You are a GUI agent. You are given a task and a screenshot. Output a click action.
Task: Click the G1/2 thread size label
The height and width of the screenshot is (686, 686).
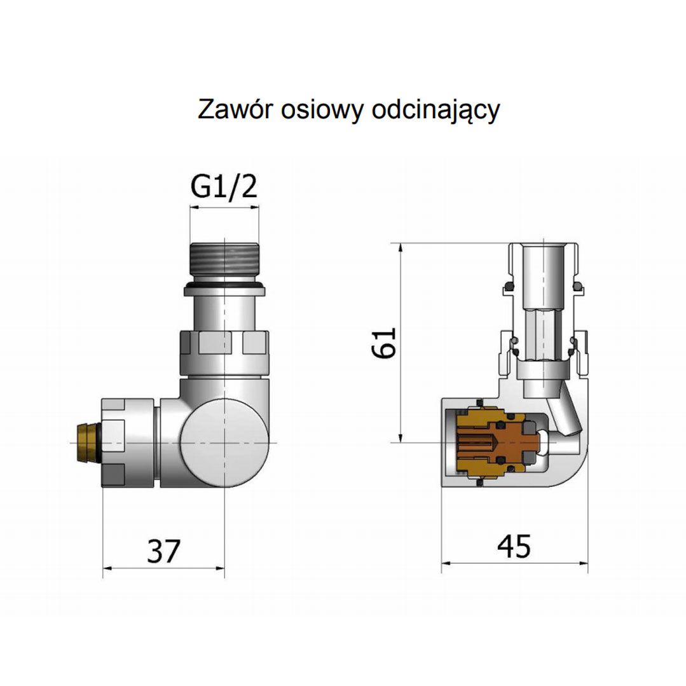[224, 188]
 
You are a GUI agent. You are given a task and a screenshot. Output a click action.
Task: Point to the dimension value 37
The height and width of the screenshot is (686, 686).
[164, 551]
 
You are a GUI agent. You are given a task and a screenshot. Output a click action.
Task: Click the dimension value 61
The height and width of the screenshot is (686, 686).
[385, 343]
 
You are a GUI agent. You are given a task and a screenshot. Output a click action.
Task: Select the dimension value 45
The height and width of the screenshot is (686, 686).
[514, 547]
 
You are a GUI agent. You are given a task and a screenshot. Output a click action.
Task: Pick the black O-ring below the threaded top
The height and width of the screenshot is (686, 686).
[224, 291]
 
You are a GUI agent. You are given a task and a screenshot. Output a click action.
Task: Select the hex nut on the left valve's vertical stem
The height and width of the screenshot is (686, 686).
[224, 351]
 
